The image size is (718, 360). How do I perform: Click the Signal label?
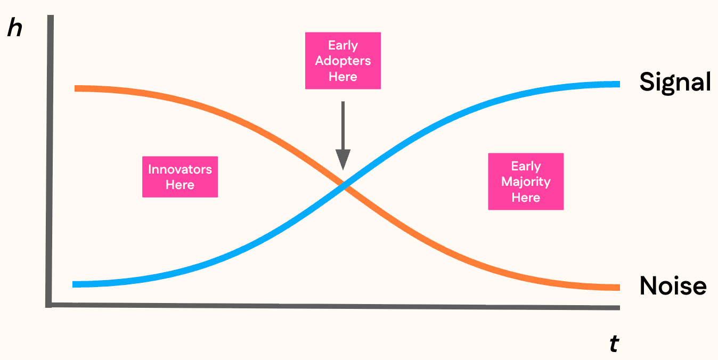pos(675,83)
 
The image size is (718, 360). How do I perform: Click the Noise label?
pos(673,286)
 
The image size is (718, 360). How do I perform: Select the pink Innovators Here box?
pos(180,177)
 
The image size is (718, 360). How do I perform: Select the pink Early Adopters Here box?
pos(342,61)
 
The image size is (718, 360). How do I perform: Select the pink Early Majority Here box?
pos(526,182)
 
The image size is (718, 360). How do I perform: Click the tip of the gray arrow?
pos(343,168)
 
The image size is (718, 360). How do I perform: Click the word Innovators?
pos(180,170)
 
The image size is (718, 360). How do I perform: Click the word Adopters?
pos(342,61)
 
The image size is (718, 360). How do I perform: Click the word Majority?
pos(526,182)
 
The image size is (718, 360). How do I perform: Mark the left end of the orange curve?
pos(76,88)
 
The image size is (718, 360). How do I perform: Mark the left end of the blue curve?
pos(74,284)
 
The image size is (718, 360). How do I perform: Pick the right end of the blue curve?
pos(618,84)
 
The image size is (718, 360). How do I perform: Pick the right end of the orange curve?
pos(618,288)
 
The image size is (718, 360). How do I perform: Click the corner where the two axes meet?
pos(50,305)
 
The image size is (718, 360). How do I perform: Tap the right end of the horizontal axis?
pos(618,307)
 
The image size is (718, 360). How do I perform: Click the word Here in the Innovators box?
pos(180,185)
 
